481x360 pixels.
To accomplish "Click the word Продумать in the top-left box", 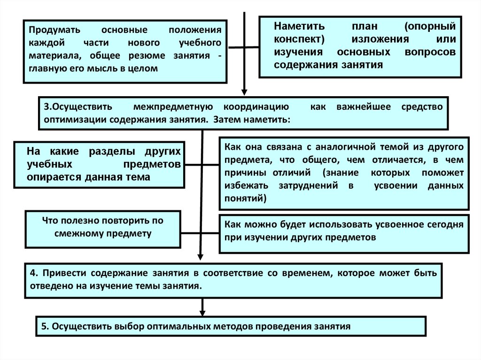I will coord(49,30).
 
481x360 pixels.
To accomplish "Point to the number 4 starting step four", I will coord(32,273).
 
